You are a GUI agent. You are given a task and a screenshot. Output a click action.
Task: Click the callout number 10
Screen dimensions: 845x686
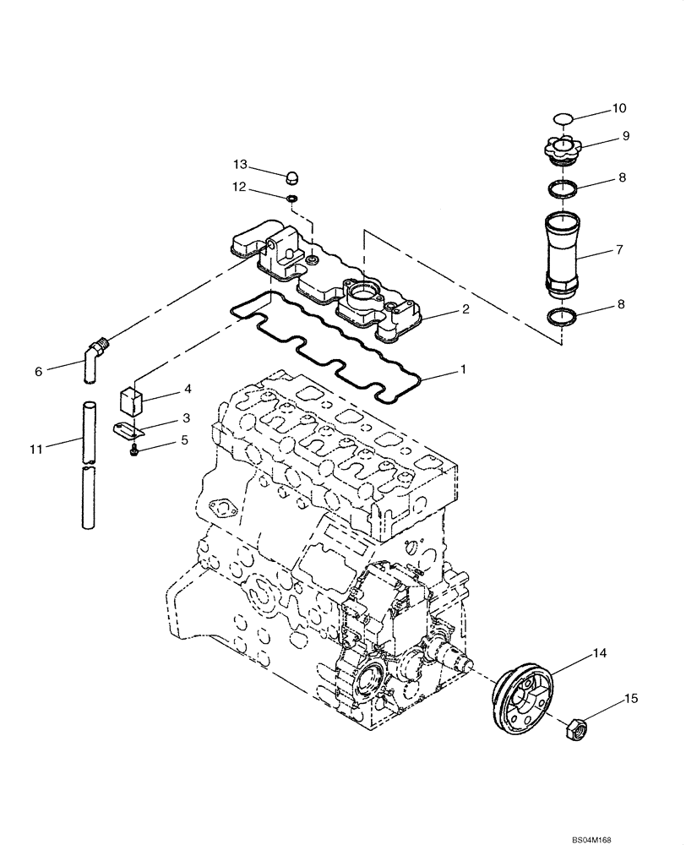click(620, 108)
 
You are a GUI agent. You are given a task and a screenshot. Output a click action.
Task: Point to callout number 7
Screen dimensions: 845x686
click(621, 251)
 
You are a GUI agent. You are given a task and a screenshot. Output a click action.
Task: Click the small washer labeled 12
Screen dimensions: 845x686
click(291, 199)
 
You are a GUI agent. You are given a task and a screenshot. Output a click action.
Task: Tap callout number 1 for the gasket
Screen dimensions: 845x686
click(462, 370)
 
